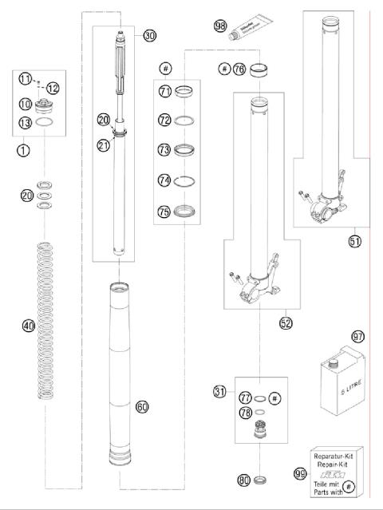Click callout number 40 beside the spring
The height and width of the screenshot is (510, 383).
[x=29, y=326]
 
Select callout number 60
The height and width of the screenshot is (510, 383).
[x=142, y=407]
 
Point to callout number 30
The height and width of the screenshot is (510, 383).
[x=149, y=35]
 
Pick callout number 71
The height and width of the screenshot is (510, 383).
[x=165, y=92]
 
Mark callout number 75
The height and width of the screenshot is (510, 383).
[x=165, y=212]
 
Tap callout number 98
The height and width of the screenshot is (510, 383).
[x=221, y=26]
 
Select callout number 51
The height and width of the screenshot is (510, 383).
[x=355, y=240]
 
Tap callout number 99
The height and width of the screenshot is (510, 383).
[x=298, y=473]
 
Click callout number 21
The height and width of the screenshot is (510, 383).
[x=103, y=144]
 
